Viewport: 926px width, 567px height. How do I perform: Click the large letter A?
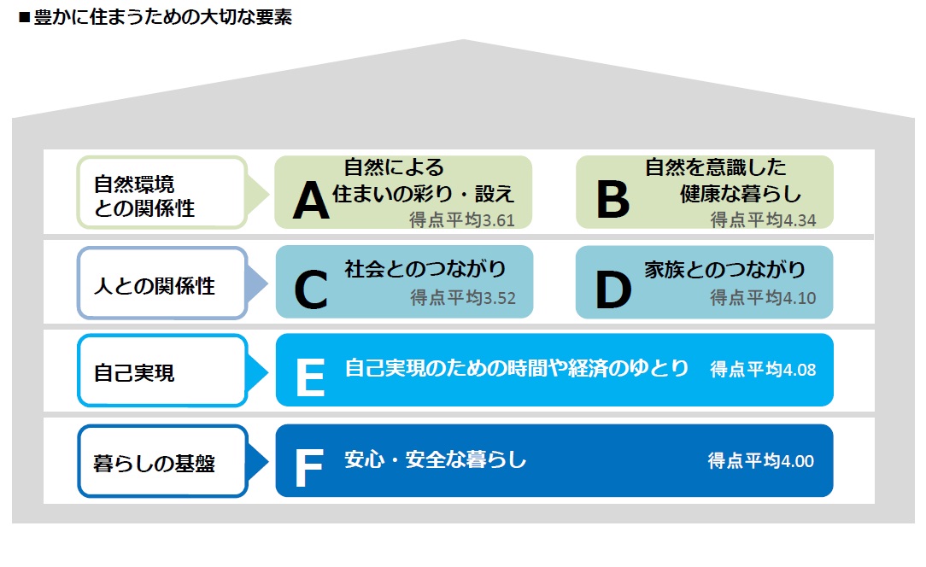point(311,200)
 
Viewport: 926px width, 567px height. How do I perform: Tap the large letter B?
point(612,199)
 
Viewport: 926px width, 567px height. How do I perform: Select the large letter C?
point(311,289)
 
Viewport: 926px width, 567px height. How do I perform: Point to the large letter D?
point(613,289)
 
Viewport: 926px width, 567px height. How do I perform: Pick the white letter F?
point(309,467)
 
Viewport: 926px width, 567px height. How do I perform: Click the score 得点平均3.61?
point(462,220)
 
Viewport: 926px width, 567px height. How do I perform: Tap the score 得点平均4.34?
point(763,219)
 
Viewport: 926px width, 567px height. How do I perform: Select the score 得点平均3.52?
point(463,298)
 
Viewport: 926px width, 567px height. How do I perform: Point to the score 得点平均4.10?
point(763,298)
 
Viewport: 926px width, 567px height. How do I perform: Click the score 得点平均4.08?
point(763,370)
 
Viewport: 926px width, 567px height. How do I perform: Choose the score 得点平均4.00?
point(761,461)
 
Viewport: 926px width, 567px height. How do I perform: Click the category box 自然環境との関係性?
point(161,192)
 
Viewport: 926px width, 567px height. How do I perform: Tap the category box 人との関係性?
point(161,283)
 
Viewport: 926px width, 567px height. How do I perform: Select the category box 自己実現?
point(161,371)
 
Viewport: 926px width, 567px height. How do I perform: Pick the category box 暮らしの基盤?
point(161,461)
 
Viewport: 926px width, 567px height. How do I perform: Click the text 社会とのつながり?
point(425,269)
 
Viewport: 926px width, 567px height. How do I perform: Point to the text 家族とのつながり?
point(724,269)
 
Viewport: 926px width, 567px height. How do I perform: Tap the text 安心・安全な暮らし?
point(436,459)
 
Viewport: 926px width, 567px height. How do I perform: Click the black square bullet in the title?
point(24,18)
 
